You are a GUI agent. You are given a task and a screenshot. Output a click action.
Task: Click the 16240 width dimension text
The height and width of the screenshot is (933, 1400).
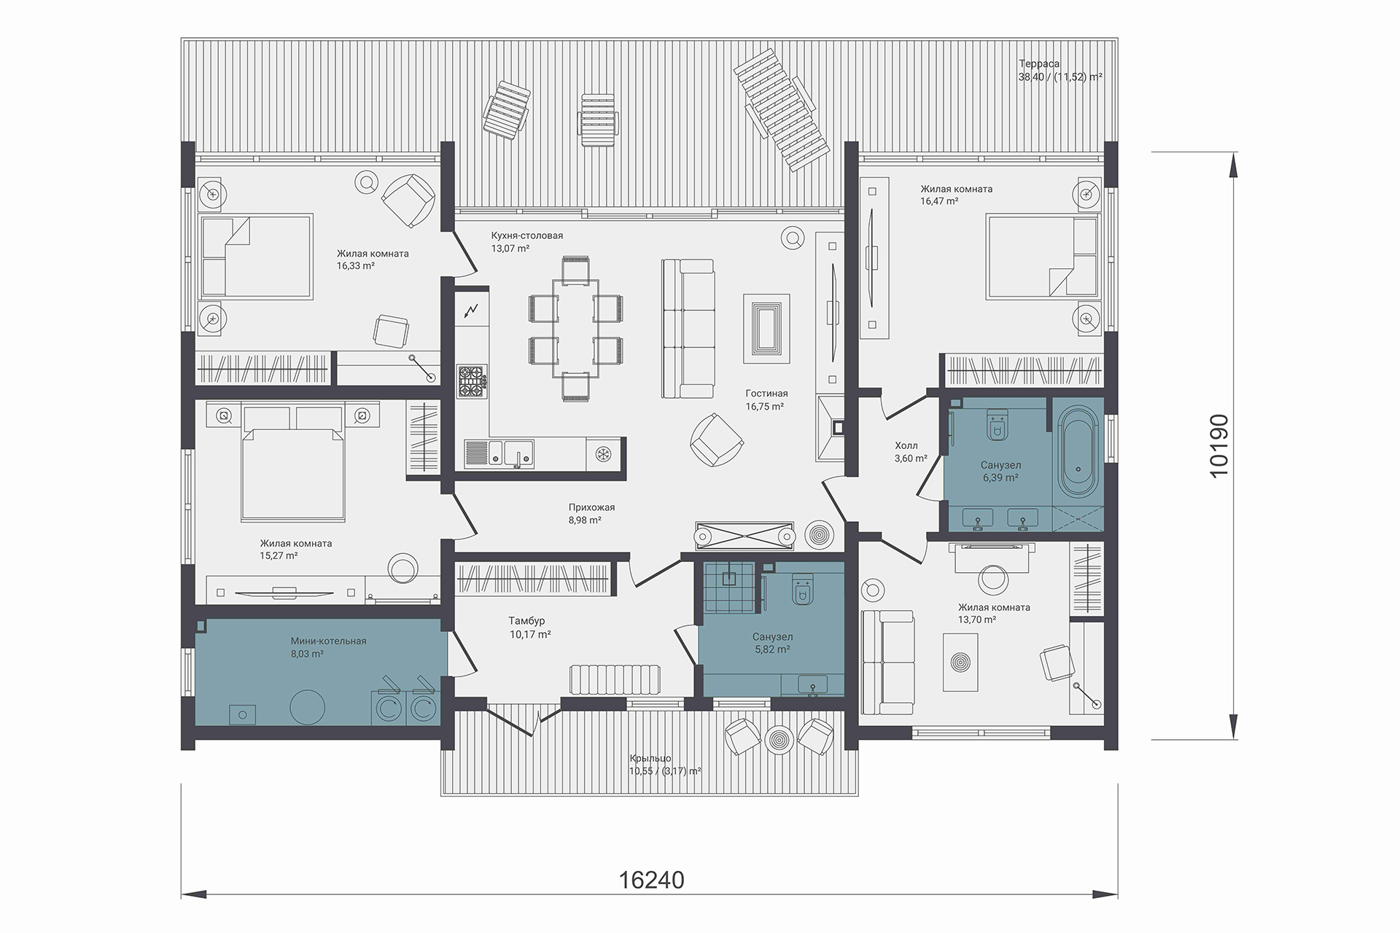[x=652, y=880]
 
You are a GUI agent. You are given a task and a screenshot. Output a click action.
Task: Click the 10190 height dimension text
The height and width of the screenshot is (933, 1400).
[x=1218, y=445]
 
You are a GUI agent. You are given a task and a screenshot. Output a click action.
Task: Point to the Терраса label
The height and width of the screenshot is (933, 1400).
[x=1039, y=64]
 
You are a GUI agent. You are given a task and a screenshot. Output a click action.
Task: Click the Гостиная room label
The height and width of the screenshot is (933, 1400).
[x=766, y=394]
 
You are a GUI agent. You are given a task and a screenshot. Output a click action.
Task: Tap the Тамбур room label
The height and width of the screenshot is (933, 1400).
[x=526, y=621]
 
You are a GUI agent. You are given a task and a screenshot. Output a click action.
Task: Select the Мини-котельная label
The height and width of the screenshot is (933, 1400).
[x=328, y=641]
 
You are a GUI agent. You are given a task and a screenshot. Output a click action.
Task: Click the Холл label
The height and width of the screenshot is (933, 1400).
[x=906, y=445]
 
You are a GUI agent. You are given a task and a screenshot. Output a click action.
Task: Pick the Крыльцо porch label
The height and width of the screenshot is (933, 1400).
[x=650, y=758]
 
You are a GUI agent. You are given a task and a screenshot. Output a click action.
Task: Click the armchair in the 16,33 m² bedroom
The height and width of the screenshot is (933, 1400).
[x=408, y=200]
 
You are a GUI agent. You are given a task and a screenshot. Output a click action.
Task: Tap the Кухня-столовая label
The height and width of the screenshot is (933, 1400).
[x=526, y=236]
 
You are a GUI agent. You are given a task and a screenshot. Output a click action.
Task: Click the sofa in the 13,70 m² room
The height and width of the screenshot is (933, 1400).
[x=887, y=663]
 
